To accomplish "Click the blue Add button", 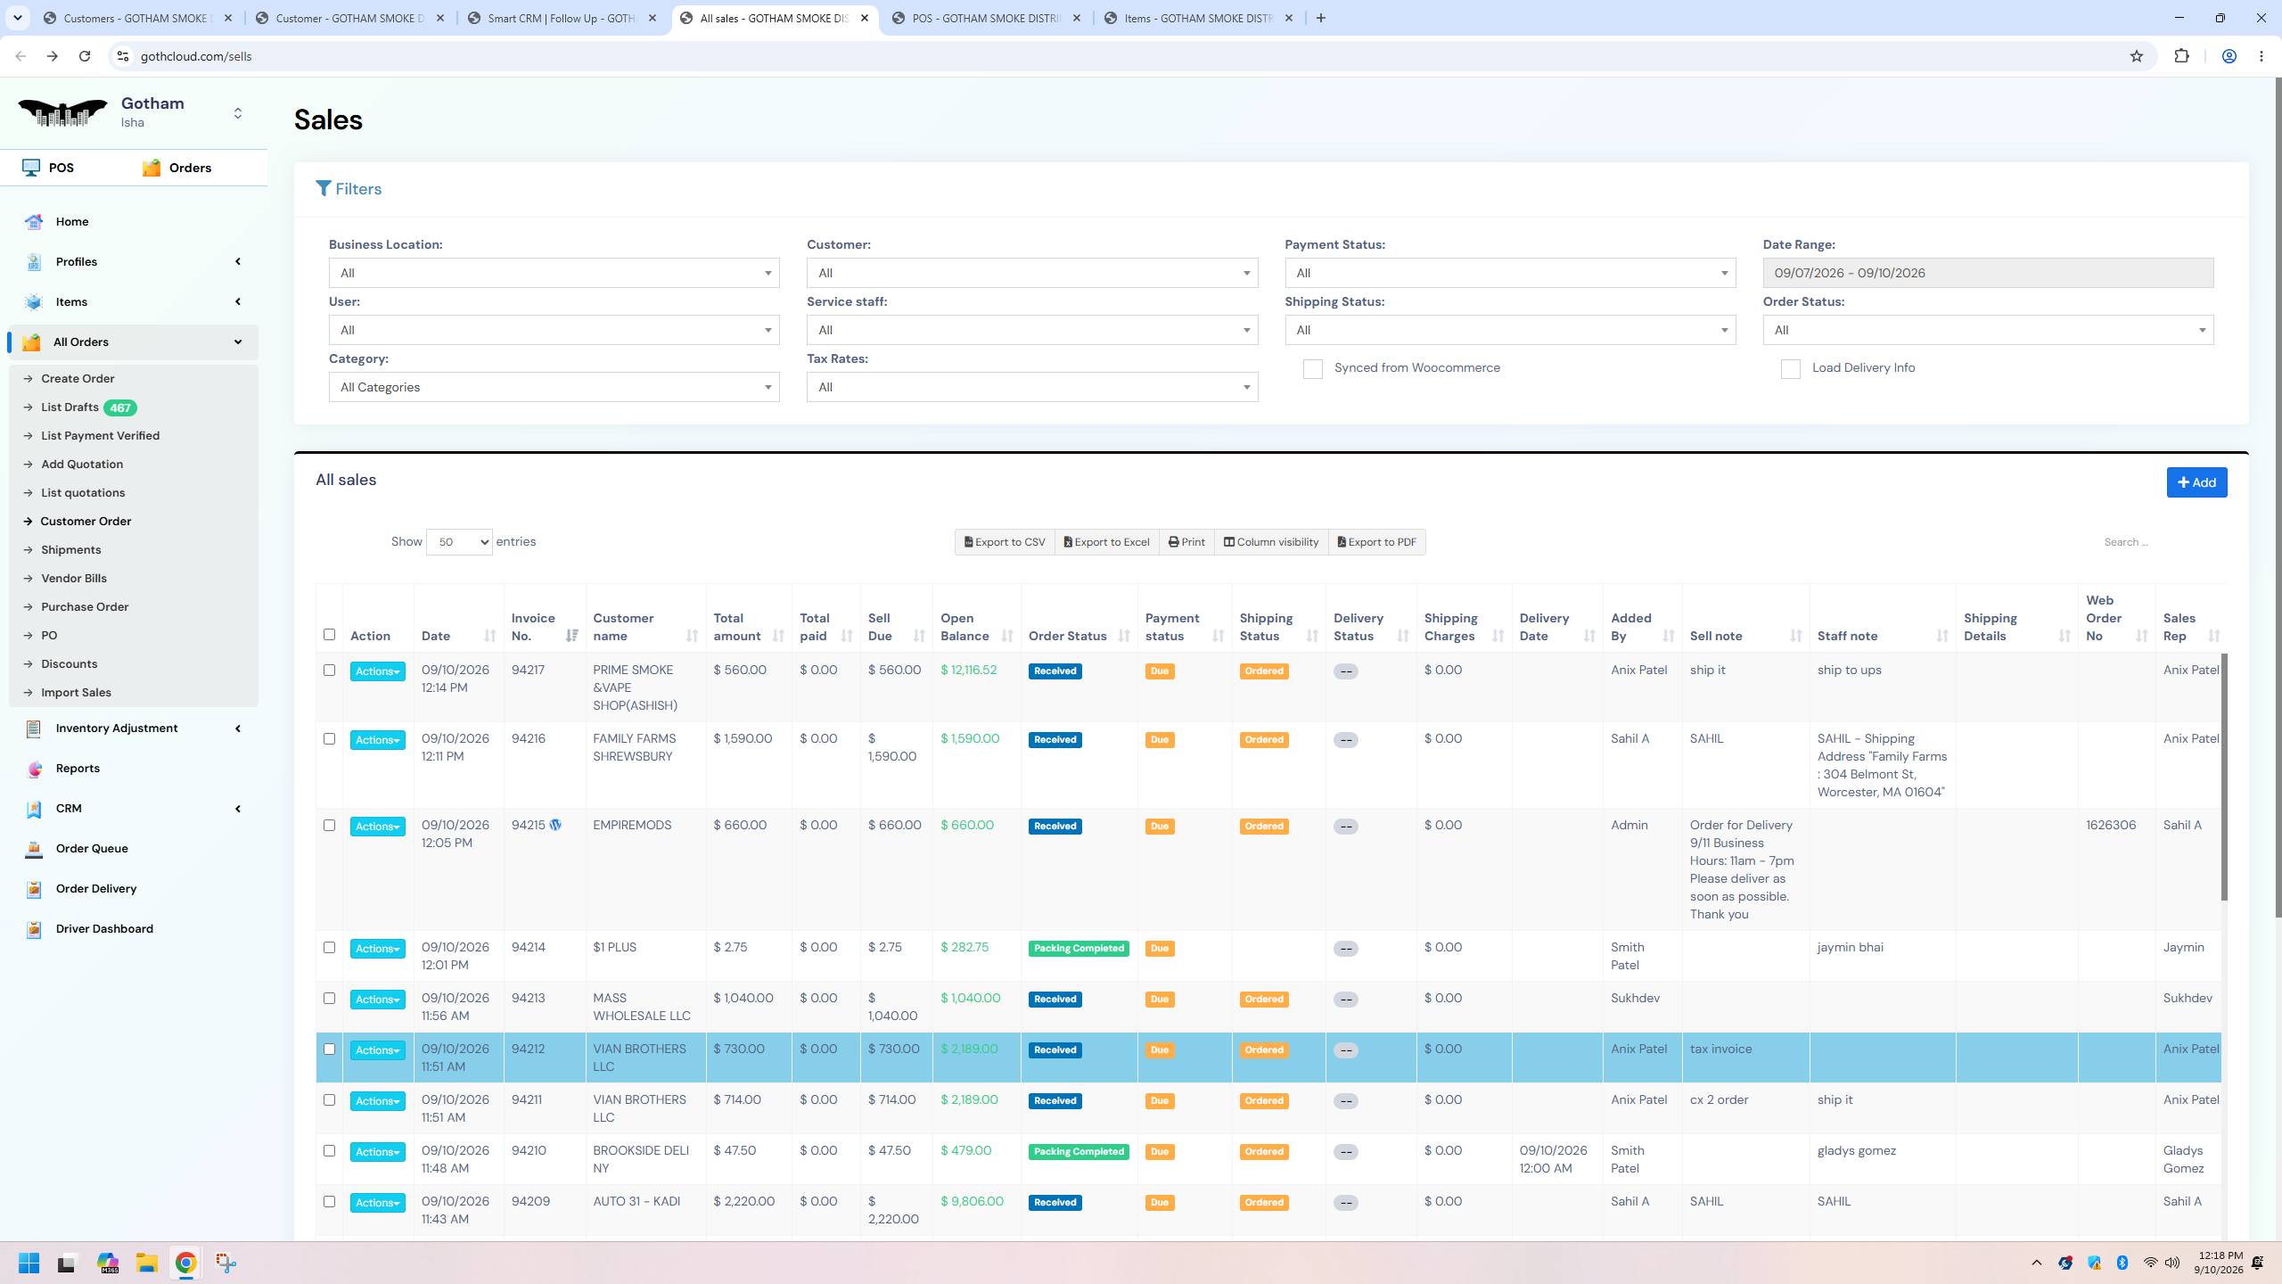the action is click(x=2196, y=482).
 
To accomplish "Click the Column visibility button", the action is click(x=1270, y=542).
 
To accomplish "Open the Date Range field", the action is click(x=1988, y=273).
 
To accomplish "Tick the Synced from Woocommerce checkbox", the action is click(x=1312, y=369).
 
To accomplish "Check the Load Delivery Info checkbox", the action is click(x=1790, y=369).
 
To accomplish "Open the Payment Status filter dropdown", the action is click(x=1510, y=273).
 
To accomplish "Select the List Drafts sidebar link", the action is click(x=70, y=407).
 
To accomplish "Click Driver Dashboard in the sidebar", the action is click(x=104, y=928).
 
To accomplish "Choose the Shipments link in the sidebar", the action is click(x=71, y=550).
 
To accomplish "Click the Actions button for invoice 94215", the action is click(x=378, y=827).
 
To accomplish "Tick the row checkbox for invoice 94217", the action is click(x=329, y=670).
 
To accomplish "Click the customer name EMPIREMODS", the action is click(x=632, y=825).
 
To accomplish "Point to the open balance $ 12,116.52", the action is click(x=969, y=670).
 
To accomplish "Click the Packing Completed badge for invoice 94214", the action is click(x=1079, y=948).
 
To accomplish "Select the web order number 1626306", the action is click(x=2111, y=825).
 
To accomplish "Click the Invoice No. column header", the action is click(x=533, y=627).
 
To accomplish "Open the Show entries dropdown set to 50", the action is click(x=459, y=542).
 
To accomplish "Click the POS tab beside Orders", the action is click(x=62, y=168).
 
